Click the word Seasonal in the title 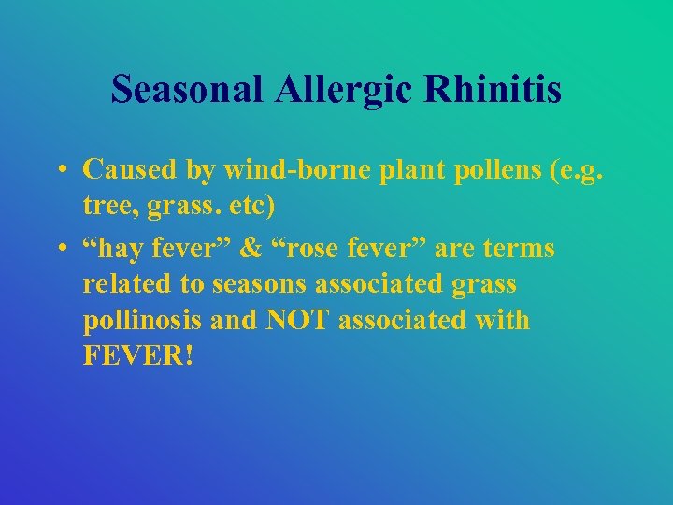(185, 90)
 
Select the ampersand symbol (251, 249)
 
